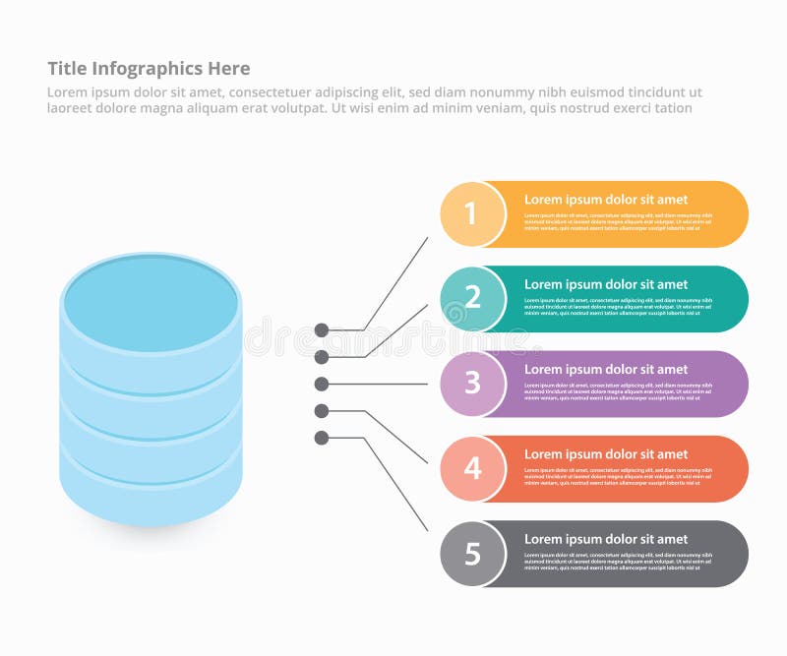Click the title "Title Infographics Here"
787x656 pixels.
point(149,68)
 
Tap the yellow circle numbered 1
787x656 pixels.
point(471,213)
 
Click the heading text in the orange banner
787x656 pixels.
point(605,200)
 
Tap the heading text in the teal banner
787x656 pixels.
point(605,284)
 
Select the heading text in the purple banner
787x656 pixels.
point(605,369)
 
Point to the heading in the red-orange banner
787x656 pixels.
point(605,454)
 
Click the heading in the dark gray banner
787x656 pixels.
point(605,539)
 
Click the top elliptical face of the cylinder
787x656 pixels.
point(151,299)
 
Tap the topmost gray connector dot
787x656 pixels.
point(322,330)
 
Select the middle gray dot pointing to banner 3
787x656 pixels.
point(322,384)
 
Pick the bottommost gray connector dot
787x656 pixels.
point(322,438)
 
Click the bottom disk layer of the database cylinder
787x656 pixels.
point(151,492)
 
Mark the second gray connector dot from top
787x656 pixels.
point(322,356)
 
